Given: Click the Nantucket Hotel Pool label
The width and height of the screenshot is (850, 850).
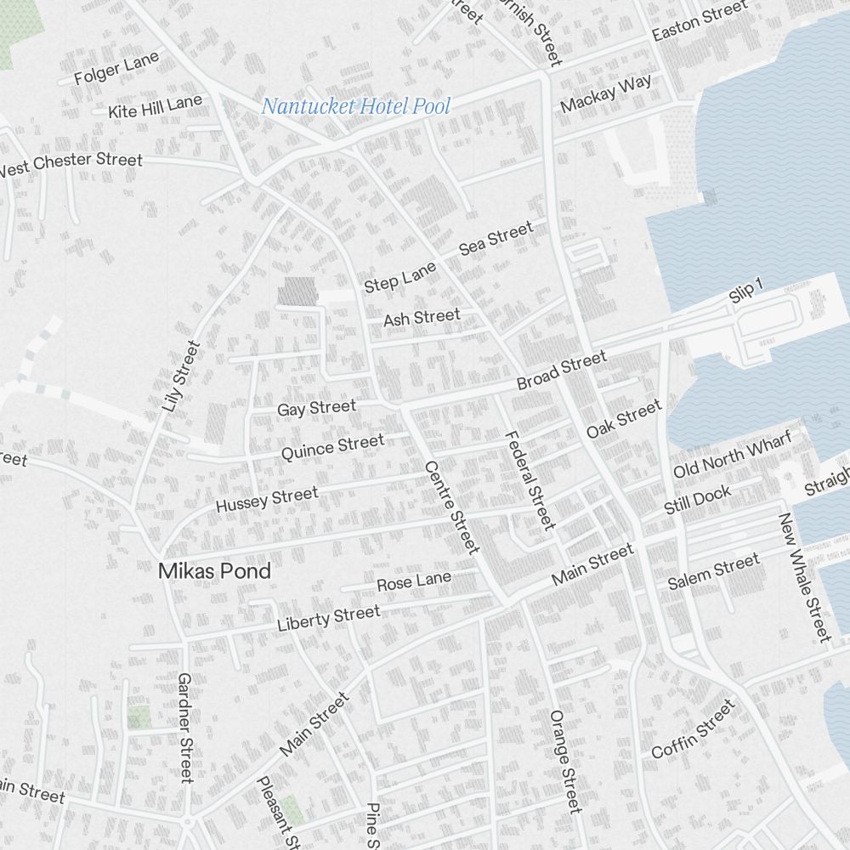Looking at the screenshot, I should [x=355, y=107].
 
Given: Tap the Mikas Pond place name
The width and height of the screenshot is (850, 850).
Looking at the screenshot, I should [x=214, y=571].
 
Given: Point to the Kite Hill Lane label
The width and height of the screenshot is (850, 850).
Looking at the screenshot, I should [x=156, y=106].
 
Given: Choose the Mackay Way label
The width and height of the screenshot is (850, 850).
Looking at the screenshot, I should [x=606, y=93].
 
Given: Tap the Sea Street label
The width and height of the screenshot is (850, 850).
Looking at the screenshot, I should [x=496, y=237].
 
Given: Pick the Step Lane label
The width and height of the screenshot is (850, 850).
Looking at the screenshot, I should [x=399, y=277].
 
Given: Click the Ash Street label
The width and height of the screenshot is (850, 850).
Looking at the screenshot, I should [x=422, y=318].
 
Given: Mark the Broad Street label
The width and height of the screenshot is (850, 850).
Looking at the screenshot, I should [x=562, y=371].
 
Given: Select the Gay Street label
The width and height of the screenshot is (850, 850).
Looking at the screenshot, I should [x=316, y=408].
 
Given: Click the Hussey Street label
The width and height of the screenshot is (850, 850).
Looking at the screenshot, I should [x=267, y=499].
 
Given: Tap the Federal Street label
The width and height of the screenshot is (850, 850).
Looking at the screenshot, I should [x=530, y=479].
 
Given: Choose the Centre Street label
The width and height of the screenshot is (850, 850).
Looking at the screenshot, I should [x=452, y=507].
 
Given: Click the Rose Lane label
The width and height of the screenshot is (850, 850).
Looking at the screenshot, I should [x=414, y=582].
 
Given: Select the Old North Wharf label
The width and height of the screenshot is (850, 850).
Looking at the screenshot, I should [x=732, y=455].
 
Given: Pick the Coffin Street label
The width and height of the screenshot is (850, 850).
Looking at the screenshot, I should [x=693, y=728].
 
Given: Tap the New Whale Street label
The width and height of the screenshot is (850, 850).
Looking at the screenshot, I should [x=803, y=576].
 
